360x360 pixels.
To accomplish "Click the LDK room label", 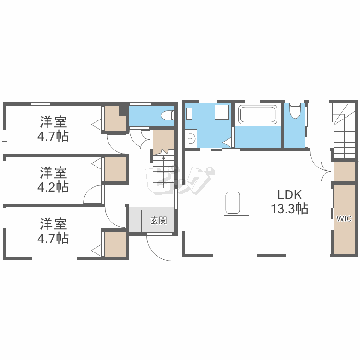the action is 289,195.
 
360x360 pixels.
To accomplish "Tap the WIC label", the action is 344,218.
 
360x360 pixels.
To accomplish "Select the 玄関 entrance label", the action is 159,220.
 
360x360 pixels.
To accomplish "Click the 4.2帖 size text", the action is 53,187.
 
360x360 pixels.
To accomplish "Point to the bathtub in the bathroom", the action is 257,114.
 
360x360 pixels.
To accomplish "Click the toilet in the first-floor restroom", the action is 168,115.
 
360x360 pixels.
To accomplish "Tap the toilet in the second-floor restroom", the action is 295,111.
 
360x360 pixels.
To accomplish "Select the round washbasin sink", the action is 192,138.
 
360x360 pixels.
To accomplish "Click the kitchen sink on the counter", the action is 233,203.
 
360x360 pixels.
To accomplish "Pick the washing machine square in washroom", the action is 222,112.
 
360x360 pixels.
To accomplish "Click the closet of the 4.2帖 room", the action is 115,169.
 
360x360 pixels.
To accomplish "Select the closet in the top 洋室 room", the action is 114,119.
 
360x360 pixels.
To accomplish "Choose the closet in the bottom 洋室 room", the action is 115,244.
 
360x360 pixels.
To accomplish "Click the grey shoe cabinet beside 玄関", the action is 135,221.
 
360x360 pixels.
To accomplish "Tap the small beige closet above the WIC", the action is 344,171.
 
